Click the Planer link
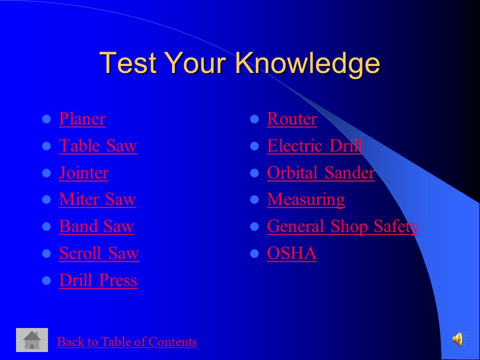82,119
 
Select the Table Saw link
98,145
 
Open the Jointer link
83,172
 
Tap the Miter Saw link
97,199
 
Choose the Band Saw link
96,226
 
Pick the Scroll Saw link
99,253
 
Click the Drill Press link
98,280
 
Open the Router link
291,119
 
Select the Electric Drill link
314,145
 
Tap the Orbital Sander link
321,172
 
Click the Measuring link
306,200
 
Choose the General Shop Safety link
343,227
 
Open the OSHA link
291,253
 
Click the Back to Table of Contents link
126,341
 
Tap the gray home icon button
32,340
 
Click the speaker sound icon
459,339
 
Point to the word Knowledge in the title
307,63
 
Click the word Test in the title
128,62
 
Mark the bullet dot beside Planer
46,119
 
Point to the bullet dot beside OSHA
254,253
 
